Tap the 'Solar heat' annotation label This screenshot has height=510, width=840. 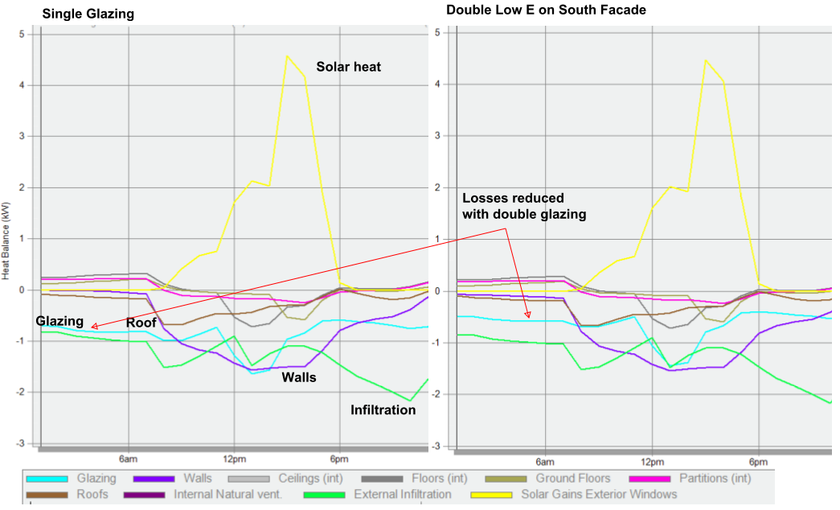click(348, 67)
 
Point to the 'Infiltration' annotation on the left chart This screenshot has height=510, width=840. click(383, 410)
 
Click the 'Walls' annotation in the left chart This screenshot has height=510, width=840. click(298, 376)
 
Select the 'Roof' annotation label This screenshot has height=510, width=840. click(141, 323)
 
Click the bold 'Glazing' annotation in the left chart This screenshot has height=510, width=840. click(59, 321)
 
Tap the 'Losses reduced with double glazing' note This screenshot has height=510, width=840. click(524, 206)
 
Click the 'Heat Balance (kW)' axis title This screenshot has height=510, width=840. click(6, 240)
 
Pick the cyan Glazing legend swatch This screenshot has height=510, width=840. click(48, 479)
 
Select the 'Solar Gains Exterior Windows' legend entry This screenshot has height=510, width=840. click(599, 494)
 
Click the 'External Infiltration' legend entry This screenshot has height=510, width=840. click(402, 494)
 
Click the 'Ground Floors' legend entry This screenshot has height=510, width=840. click(573, 479)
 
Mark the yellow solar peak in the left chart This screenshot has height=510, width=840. click(287, 56)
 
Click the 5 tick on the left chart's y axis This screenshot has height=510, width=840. click(23, 34)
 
